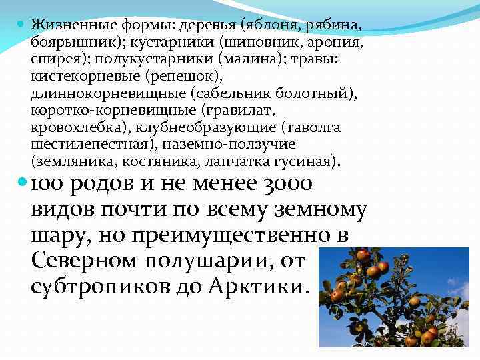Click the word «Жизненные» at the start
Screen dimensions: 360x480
tap(63, 25)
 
